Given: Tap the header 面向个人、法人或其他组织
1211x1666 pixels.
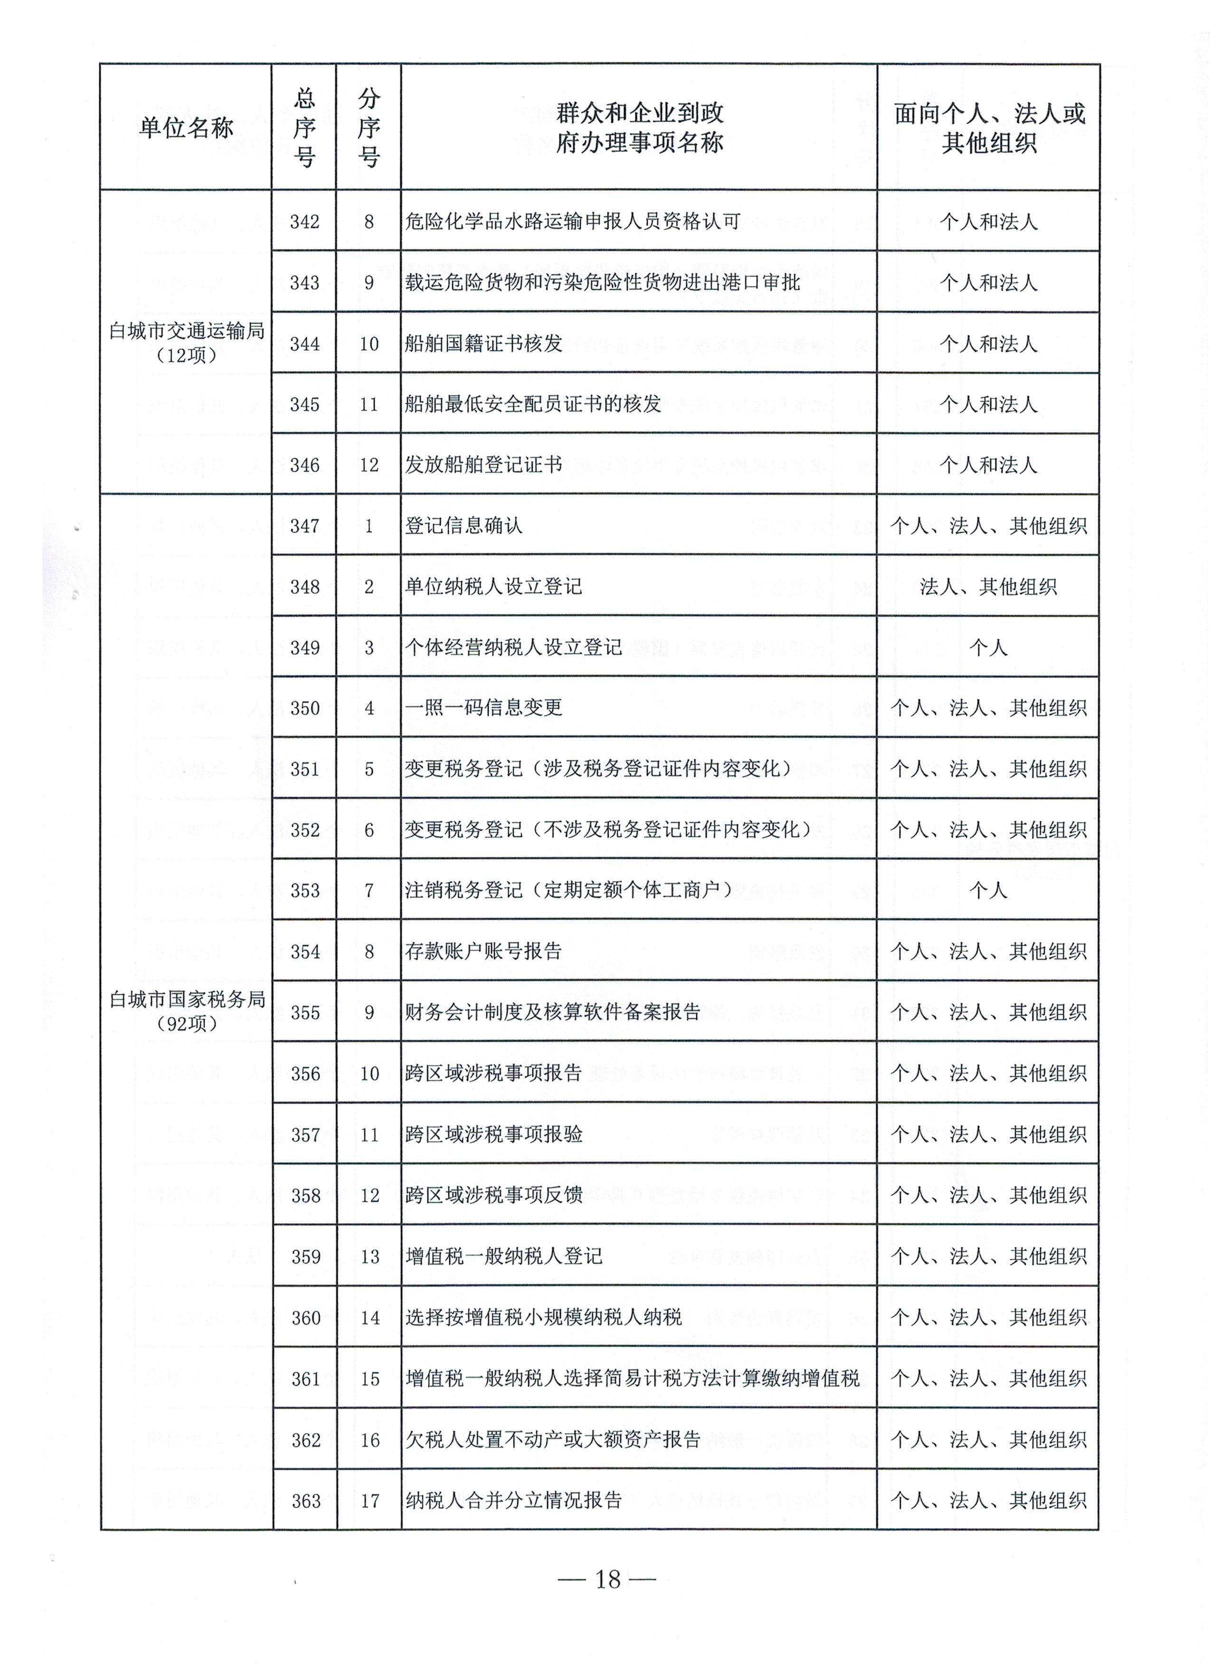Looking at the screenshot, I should (988, 128).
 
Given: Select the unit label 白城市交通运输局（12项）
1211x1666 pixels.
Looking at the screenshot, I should (187, 343).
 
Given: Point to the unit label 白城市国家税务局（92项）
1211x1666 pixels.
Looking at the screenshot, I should (187, 1011).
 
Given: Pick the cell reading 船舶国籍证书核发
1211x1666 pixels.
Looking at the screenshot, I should (483, 343).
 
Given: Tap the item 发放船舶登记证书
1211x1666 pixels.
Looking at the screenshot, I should (483, 464).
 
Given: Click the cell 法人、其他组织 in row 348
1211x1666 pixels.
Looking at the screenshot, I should (988, 587).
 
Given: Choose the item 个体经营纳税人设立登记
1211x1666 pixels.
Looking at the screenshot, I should (513, 647).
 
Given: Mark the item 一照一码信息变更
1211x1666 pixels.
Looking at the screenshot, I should (483, 707).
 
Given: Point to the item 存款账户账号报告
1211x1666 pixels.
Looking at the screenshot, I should (483, 951).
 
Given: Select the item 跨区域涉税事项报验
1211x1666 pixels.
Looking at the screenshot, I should (493, 1134).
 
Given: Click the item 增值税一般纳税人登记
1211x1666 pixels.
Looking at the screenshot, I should (504, 1256).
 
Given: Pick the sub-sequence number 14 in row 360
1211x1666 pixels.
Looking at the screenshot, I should (369, 1318).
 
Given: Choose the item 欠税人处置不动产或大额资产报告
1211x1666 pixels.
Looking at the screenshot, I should (553, 1439).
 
